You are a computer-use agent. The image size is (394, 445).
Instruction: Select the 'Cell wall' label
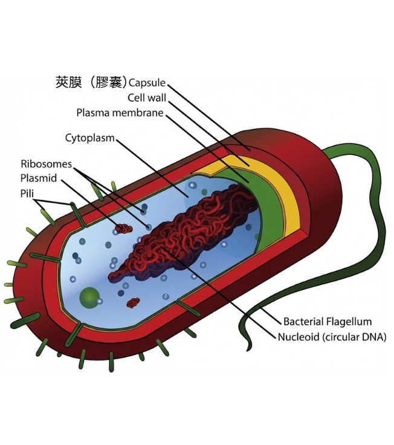pos(147,98)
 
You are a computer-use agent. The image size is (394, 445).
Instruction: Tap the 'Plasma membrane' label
pos(120,113)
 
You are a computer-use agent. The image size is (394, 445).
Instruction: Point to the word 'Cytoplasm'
pos(89,138)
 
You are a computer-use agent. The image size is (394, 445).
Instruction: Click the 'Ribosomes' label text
pos(46,164)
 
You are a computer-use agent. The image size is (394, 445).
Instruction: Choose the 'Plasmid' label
pos(39,178)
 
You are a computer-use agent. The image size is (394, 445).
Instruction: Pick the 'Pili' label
pos(28,193)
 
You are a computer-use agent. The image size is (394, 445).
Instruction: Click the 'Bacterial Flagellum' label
pos(327,322)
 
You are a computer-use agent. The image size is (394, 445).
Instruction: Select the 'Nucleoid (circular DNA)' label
pos(332,337)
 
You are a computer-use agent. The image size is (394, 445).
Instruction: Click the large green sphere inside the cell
pos(90,296)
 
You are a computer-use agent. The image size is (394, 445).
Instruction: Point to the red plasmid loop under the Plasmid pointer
pos(124,229)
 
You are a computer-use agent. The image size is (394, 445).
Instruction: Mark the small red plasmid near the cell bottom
pos(133,301)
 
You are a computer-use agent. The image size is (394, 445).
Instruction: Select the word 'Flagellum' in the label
pos(350,322)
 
